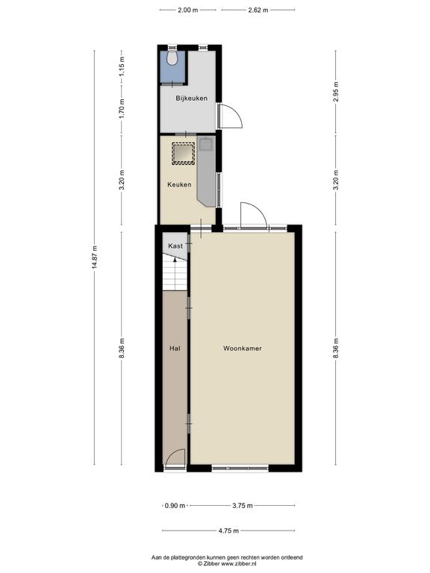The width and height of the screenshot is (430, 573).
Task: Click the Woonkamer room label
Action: (243, 348)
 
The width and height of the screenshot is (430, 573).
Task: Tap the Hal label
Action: (175, 348)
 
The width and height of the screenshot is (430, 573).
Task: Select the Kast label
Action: (175, 246)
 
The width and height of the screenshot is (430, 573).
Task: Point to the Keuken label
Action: (179, 184)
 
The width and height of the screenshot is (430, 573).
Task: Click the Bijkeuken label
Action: (191, 98)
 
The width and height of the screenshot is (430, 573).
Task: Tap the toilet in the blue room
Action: (172, 57)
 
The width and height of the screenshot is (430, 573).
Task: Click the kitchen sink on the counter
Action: (205, 143)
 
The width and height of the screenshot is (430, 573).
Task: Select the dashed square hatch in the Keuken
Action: (183, 154)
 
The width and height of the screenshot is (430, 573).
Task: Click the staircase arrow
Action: (175, 273)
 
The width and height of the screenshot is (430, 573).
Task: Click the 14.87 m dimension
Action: (95, 257)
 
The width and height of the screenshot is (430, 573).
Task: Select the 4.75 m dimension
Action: (228, 530)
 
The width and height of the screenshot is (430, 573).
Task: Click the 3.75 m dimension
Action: (243, 506)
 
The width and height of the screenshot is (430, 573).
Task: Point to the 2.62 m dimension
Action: (258, 10)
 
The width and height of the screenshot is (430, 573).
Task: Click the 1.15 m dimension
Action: (122, 66)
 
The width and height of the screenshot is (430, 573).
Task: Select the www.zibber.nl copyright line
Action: (227, 564)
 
